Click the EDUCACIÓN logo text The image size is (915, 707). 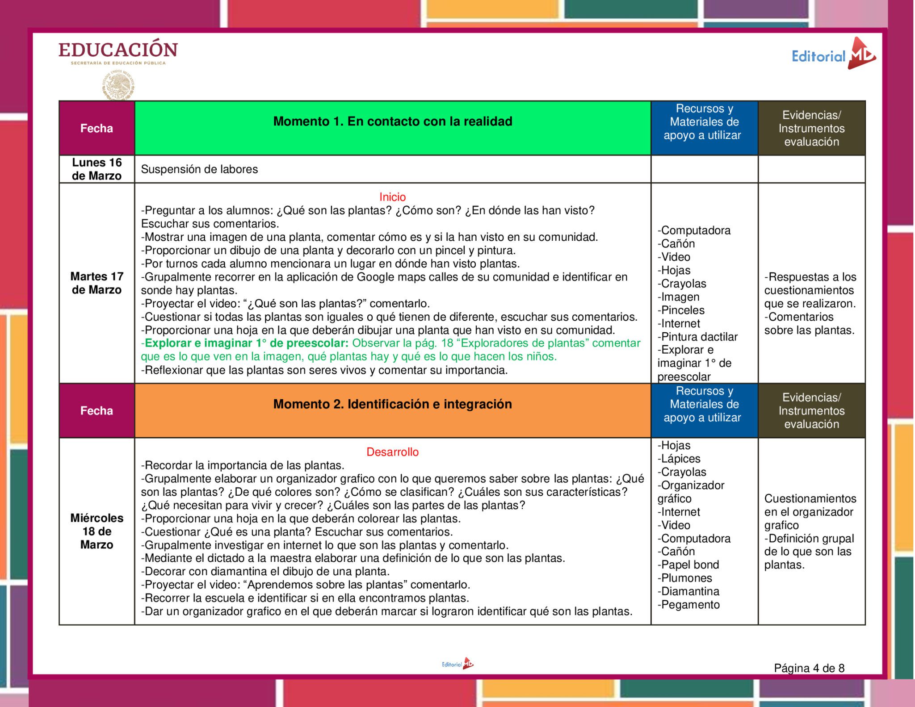(x=118, y=50)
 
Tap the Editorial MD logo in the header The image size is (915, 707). (x=834, y=55)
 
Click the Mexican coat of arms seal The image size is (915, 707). (x=118, y=85)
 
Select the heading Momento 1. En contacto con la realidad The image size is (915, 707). (x=392, y=121)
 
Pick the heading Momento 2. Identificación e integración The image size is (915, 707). (x=392, y=404)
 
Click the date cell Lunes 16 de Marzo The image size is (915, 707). (x=97, y=169)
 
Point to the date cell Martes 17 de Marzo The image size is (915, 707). (x=97, y=283)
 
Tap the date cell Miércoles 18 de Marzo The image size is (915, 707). (x=97, y=531)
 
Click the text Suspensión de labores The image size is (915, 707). (x=199, y=169)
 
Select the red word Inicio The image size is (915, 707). (x=392, y=197)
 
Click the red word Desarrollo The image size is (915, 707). (x=392, y=452)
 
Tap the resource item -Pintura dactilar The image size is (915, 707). (x=697, y=337)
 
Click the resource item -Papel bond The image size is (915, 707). (x=688, y=565)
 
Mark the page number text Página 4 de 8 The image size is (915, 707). (x=809, y=668)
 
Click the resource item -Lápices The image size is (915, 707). (x=679, y=459)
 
